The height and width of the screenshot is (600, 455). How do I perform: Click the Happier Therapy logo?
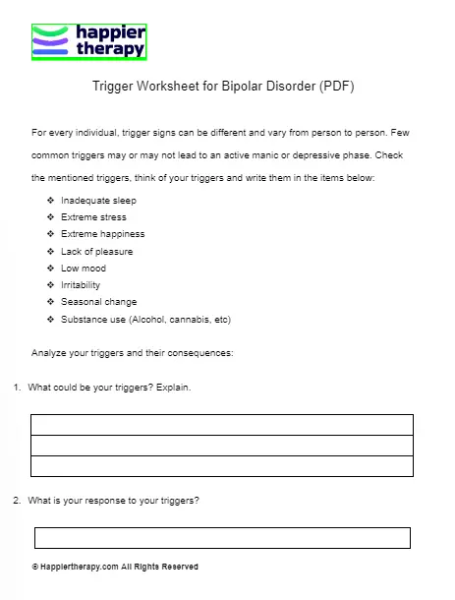click(x=89, y=42)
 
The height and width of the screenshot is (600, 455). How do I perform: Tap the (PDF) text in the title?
click(x=335, y=87)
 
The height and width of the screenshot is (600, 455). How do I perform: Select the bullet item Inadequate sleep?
click(x=98, y=201)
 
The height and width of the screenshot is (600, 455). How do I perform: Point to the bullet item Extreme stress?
click(x=93, y=217)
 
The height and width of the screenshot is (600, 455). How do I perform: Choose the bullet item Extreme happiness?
click(x=102, y=234)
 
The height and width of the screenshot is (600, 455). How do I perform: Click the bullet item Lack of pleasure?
click(x=96, y=252)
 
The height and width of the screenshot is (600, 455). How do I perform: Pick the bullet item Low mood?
click(x=84, y=269)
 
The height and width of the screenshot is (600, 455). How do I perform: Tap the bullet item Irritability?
click(x=81, y=285)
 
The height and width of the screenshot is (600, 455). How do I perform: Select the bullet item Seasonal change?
click(x=98, y=302)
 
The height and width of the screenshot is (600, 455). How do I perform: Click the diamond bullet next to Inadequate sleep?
click(x=50, y=201)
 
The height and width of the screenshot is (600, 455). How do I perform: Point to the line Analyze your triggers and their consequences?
click(x=133, y=353)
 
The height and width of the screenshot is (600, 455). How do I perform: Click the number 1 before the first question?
click(x=17, y=388)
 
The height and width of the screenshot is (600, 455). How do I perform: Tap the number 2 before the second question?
click(x=17, y=501)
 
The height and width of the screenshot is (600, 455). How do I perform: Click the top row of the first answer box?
click(x=222, y=424)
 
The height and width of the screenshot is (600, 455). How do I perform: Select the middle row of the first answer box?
click(x=222, y=445)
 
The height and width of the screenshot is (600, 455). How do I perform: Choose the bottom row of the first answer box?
click(x=222, y=465)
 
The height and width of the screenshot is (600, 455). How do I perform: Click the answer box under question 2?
click(x=222, y=538)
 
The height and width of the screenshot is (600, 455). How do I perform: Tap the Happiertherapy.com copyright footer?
click(x=115, y=568)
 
